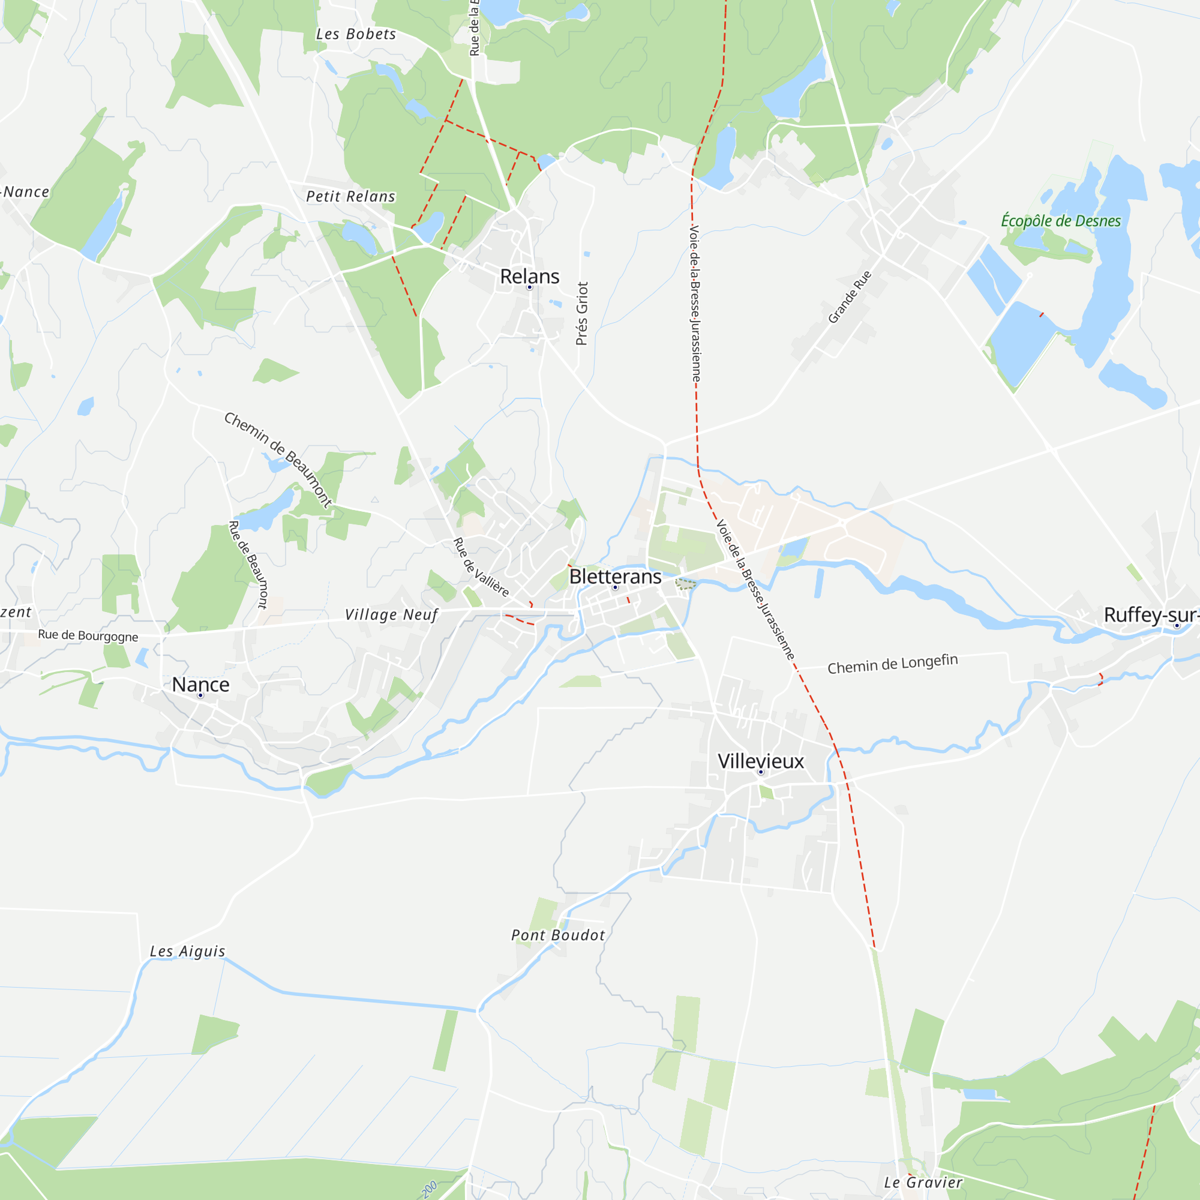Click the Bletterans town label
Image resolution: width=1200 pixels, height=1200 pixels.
pos(615,577)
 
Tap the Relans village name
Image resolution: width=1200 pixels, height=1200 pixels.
pos(529,277)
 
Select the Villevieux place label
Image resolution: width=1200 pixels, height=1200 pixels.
pos(760,761)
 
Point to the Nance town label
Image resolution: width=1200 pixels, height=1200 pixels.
pos(200,685)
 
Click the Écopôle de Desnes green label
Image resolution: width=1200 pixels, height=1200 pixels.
pos(1060,221)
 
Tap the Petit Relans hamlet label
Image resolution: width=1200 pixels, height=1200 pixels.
pos(350,197)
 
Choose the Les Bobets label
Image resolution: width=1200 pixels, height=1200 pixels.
pos(356,35)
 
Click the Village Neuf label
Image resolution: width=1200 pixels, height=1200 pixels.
pos(391,615)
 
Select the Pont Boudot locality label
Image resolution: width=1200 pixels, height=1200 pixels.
pos(558,935)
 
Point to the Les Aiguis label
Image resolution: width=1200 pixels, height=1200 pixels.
pos(188,952)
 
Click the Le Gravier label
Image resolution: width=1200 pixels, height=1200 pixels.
pos(923,1183)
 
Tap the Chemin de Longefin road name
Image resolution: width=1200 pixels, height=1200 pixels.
pos(893,664)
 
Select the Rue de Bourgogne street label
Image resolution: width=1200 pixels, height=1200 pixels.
pos(88,635)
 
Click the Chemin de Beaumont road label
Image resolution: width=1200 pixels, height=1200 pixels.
pos(278,460)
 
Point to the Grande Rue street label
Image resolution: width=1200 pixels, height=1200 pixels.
pos(850,297)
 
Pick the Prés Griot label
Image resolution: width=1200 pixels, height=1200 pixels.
pos(581,314)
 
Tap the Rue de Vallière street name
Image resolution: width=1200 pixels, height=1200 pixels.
pos(481,567)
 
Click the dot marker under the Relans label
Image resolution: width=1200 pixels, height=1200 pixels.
pos(529,287)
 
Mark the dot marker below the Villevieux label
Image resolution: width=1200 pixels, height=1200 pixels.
pos(760,772)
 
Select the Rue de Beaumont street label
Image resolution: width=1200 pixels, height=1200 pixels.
pos(248,565)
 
